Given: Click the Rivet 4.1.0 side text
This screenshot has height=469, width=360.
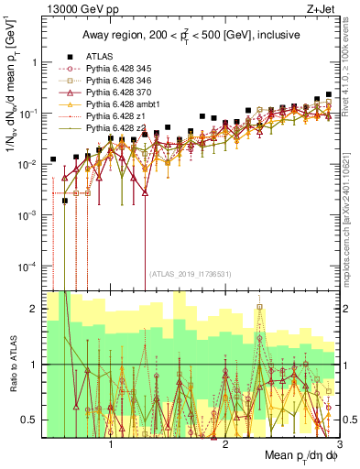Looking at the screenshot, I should click(351, 92).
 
